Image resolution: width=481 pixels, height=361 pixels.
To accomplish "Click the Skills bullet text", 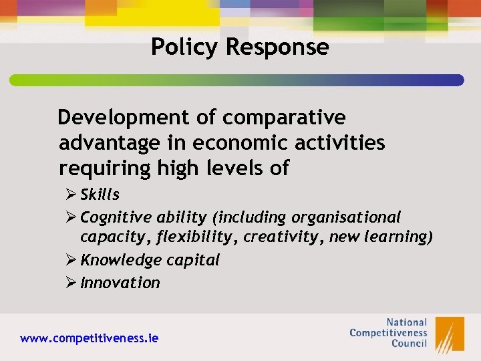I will tap(100, 195).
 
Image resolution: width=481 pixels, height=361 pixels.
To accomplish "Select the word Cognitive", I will tap(116, 217).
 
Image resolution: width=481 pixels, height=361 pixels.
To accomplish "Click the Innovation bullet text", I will tap(120, 283).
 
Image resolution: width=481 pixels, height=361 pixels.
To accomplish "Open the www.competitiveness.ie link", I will tap(90, 338).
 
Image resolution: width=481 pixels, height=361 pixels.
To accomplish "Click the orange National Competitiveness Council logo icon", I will tap(449, 334).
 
